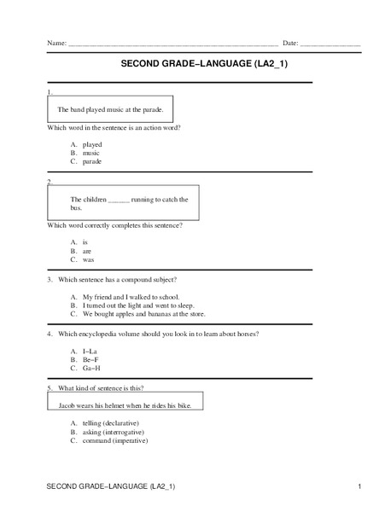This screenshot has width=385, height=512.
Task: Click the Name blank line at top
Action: tap(171, 44)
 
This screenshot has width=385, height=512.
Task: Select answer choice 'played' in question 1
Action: tap(91, 144)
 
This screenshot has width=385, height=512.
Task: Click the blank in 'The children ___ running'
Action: tap(118, 200)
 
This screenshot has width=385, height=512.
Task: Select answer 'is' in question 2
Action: tap(85, 242)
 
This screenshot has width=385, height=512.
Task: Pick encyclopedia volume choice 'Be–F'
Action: tap(91, 359)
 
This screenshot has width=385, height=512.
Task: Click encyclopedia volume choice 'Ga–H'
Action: tap(91, 368)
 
